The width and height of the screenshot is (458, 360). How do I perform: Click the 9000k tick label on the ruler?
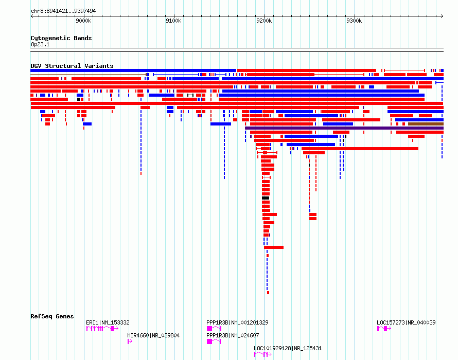point(83,21)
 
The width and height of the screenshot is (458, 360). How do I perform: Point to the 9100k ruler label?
point(173,21)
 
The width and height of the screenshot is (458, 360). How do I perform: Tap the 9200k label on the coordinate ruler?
point(264,21)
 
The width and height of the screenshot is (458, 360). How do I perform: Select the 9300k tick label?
point(354,21)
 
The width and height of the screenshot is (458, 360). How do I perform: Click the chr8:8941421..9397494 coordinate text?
point(63,11)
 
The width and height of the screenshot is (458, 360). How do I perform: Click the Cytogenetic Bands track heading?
point(61,38)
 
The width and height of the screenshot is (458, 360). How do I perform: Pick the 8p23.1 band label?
point(40,44)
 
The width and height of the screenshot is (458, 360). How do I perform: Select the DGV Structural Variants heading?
point(72,66)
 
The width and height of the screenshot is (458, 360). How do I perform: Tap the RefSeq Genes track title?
point(52,316)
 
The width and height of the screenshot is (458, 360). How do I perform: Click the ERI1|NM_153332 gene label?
point(108,322)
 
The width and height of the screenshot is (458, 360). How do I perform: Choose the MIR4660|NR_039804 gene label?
point(153,335)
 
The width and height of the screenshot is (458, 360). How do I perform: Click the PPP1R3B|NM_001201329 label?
point(237,322)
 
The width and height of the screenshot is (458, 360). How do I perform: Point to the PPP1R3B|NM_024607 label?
point(233,335)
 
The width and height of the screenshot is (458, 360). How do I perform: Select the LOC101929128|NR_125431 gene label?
point(288,348)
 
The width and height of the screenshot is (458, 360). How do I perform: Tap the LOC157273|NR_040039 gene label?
point(406,322)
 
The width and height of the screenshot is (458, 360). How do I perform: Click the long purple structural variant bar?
point(344,128)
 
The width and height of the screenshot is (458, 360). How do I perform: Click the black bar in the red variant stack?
point(266,198)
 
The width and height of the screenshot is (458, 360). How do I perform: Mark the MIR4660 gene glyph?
point(130,341)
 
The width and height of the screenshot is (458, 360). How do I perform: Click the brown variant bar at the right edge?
point(426,124)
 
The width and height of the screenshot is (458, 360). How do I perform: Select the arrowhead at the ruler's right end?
point(442,16)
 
